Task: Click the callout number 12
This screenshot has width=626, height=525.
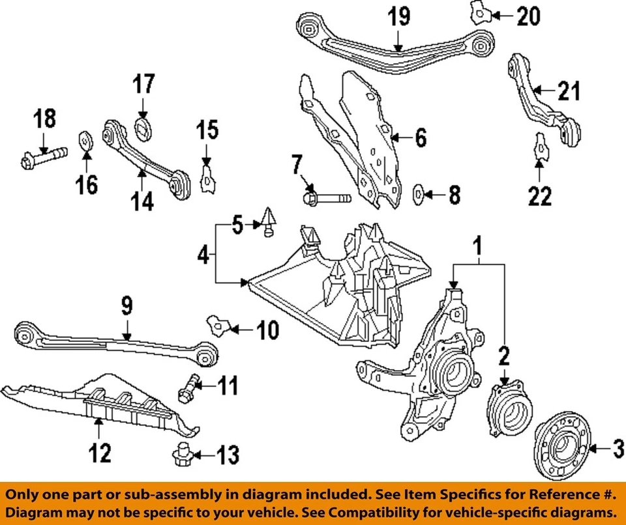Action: point(100,451)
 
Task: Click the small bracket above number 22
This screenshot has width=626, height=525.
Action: point(539,147)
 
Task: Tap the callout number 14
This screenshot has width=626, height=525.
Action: point(142,201)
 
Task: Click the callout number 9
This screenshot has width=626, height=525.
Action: point(126,304)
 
